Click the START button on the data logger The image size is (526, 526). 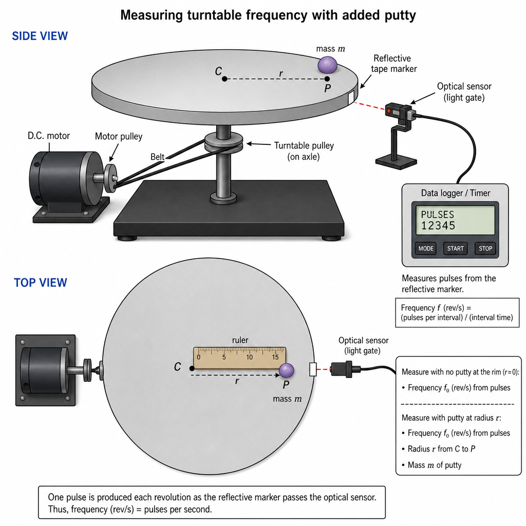pyautogui.click(x=455, y=249)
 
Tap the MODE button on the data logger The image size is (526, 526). pyautogui.click(x=426, y=249)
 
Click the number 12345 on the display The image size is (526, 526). pyautogui.click(x=438, y=226)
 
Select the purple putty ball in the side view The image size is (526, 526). pyautogui.click(x=327, y=65)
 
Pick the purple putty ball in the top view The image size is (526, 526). pyautogui.click(x=287, y=371)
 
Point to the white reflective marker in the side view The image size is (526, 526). pyautogui.click(x=351, y=98)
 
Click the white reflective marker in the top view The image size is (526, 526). pyautogui.click(x=313, y=369)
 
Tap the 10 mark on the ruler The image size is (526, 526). pyautogui.click(x=249, y=358)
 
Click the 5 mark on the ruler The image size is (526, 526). pyautogui.click(x=224, y=358)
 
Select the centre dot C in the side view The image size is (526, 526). pyautogui.click(x=224, y=79)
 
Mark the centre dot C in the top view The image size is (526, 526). pyautogui.click(x=192, y=368)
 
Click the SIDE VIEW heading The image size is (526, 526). pyautogui.click(x=40, y=36)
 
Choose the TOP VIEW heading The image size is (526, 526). pyautogui.click(x=40, y=283)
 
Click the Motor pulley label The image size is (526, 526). pyautogui.click(x=119, y=136)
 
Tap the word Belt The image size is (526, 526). pyautogui.click(x=157, y=157)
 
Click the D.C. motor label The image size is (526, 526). pyautogui.click(x=49, y=136)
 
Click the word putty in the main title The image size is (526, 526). pyautogui.click(x=399, y=15)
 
